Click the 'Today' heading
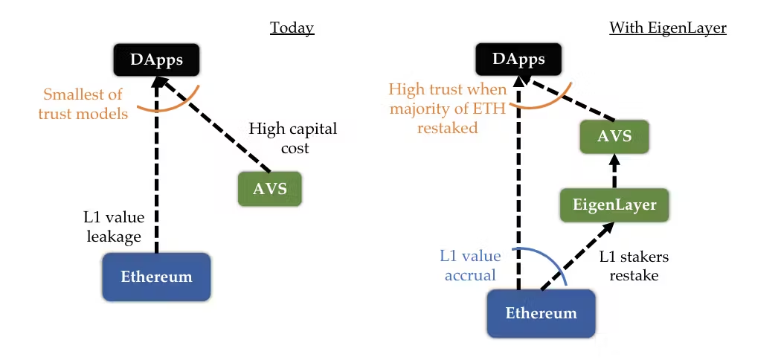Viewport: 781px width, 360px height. tap(292, 28)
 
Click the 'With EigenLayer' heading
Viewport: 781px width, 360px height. tap(667, 28)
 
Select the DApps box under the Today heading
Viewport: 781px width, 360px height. tap(156, 60)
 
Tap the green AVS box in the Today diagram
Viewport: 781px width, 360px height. tap(270, 188)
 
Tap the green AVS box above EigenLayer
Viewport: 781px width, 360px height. tap(614, 137)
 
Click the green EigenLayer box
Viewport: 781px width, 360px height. tap(614, 205)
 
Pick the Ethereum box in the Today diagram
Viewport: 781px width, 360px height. tap(156, 277)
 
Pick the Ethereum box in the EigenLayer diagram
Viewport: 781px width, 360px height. tap(541, 312)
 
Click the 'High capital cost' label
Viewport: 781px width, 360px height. tap(292, 138)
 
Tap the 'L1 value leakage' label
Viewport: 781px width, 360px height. tap(114, 227)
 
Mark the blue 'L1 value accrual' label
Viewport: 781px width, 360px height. tap(470, 266)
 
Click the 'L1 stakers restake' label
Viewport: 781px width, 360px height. tap(634, 266)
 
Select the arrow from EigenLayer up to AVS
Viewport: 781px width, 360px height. tap(614, 171)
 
